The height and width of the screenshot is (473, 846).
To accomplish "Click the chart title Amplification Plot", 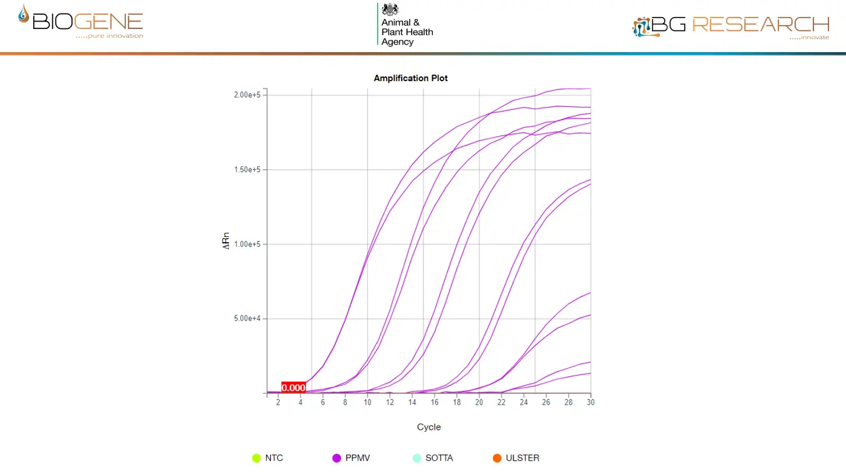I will [410, 78].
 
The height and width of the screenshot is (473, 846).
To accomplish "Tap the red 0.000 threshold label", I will [293, 388].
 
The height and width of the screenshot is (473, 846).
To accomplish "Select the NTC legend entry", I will [274, 458].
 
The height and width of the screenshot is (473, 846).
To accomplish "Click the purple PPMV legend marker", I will [337, 458].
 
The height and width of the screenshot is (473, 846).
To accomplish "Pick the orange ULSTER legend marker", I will [497, 458].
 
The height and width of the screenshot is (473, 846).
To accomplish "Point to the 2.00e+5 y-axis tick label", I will [247, 95].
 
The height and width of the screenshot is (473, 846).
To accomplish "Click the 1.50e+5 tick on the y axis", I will [247, 169].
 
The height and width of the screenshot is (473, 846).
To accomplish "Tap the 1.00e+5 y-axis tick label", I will [247, 244].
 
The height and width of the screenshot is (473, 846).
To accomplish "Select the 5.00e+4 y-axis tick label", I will [247, 318].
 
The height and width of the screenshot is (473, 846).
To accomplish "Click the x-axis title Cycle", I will [429, 427].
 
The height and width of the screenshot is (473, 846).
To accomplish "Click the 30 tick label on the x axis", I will [591, 403].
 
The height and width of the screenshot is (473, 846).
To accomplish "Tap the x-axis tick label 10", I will [367, 403].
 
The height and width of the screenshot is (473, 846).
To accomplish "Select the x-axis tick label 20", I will [479, 403].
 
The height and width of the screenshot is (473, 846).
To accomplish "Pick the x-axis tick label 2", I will [278, 403].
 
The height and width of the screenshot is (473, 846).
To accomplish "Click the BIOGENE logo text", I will [87, 22].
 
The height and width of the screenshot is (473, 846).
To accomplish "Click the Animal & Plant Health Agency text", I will [406, 32].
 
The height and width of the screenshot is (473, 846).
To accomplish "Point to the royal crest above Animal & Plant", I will [390, 9].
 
